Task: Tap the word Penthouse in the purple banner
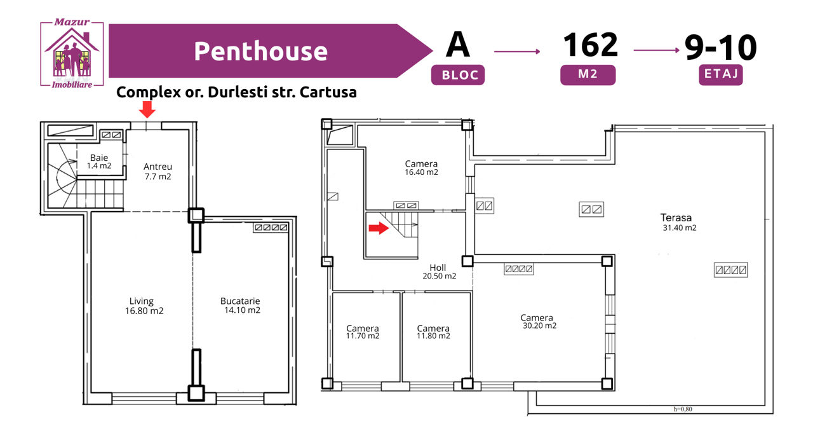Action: point(260,52)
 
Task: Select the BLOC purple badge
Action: point(458,75)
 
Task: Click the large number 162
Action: point(590,45)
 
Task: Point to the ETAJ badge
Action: point(721,74)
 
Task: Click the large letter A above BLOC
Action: point(458,45)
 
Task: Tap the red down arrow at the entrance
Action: point(147,109)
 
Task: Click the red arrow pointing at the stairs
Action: point(379,228)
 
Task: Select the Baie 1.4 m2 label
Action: point(99,162)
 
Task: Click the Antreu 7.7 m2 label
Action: point(158,172)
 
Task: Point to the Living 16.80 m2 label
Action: point(144,306)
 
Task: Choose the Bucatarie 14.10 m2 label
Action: point(241,306)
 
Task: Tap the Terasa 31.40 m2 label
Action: point(678,223)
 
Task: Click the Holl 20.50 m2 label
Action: point(439,272)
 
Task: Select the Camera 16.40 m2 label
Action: point(421,168)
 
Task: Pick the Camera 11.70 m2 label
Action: point(363,332)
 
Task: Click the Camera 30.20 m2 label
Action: point(539,322)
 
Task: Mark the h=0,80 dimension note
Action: point(683,409)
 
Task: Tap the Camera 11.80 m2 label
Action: point(433,332)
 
